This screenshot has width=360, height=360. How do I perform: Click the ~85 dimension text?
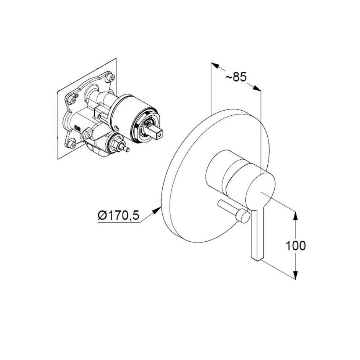click(236, 77)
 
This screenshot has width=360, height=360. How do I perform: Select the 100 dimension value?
click(295, 245)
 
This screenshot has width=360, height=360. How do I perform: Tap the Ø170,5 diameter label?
click(118, 216)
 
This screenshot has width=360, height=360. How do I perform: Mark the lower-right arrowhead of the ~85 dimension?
click(257, 88)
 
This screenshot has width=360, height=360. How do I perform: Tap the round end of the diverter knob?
click(244, 216)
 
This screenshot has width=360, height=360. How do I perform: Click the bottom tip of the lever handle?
click(257, 259)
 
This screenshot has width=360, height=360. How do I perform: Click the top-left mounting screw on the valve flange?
click(73, 100)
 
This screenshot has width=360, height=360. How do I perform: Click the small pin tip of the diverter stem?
click(127, 149)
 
